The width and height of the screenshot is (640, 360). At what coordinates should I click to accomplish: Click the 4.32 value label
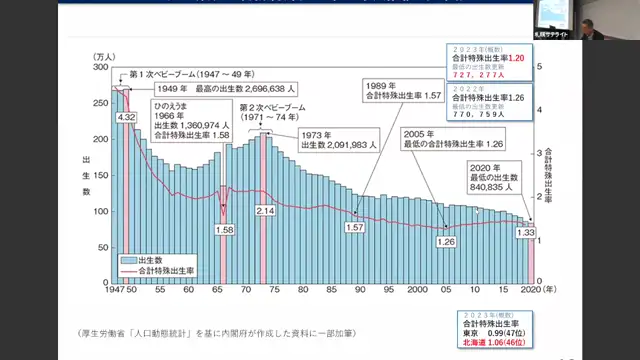(x=126, y=118)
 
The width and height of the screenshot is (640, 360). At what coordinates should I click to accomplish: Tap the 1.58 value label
(x=225, y=230)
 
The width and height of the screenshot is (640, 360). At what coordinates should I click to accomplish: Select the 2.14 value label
(x=265, y=212)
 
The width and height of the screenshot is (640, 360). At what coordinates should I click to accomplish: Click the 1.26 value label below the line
(x=446, y=241)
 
